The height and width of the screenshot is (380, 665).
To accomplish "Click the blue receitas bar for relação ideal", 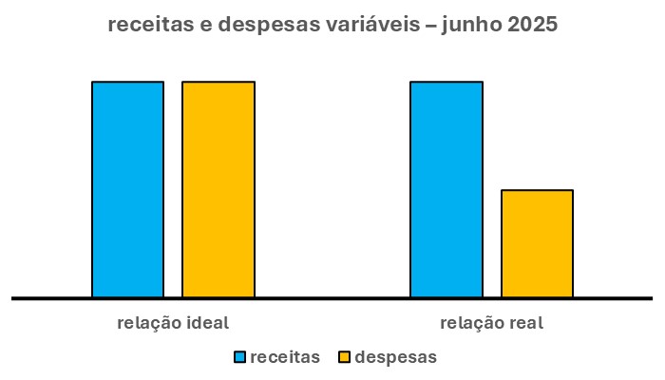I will click(x=127, y=189).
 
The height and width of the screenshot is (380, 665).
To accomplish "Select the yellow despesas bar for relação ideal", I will click(x=218, y=189).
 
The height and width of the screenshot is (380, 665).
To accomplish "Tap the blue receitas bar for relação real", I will click(x=446, y=189).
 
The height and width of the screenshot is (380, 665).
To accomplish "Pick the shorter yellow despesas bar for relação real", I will click(x=537, y=243).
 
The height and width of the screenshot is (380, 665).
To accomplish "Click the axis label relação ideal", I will click(x=173, y=322).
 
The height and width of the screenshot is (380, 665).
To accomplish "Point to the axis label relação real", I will click(x=491, y=322).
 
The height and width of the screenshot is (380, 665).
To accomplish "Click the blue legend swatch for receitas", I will click(x=239, y=357).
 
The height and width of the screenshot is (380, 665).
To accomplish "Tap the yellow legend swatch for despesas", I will click(x=345, y=357).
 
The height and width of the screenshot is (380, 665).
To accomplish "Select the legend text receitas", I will click(x=285, y=357).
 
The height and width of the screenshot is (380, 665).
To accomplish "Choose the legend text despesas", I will click(x=395, y=357).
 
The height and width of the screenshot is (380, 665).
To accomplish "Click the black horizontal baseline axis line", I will click(x=332, y=298).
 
